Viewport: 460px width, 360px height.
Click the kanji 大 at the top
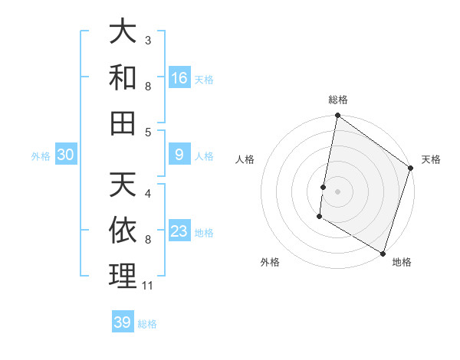click(x=123, y=33)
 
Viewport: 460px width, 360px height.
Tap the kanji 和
click(x=123, y=77)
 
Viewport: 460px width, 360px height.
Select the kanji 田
click(x=123, y=123)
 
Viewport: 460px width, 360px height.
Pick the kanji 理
click(x=123, y=276)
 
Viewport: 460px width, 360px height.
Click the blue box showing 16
click(x=179, y=78)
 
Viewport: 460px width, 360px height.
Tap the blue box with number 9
click(x=179, y=155)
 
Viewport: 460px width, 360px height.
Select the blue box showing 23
click(x=179, y=231)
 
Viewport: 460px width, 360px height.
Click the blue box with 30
click(x=66, y=155)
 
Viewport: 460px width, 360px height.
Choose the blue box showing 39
click(x=123, y=322)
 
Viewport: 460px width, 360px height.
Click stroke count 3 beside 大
click(x=148, y=40)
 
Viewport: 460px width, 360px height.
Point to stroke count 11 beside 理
click(x=148, y=286)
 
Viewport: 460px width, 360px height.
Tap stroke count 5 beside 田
click(x=148, y=132)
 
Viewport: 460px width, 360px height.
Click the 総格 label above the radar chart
click(x=338, y=100)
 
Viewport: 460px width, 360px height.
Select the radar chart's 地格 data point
click(x=383, y=252)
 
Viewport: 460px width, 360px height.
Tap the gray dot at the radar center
click(x=338, y=191)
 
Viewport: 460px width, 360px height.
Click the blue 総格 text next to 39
click(x=148, y=324)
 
